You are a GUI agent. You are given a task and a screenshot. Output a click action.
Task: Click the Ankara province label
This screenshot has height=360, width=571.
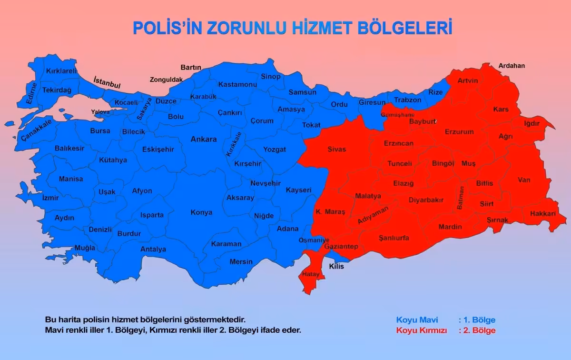[203, 140]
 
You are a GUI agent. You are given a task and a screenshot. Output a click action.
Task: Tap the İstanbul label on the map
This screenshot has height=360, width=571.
[107, 82]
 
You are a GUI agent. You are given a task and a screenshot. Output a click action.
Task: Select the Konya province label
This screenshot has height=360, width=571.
[201, 212]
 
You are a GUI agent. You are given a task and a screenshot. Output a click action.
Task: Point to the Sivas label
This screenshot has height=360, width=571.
[337, 149]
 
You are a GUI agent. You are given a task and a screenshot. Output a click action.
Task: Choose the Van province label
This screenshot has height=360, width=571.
[524, 180]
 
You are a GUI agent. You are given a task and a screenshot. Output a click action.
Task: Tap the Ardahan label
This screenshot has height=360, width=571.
[512, 66]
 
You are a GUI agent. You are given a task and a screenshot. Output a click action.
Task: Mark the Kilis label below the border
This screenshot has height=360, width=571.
[336, 266]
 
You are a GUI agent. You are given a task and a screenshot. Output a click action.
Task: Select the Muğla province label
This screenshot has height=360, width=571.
[71, 248]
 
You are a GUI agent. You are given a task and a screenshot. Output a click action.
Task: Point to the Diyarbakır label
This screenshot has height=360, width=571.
[426, 200]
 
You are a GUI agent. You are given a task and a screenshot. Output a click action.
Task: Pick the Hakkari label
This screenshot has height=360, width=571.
[542, 214]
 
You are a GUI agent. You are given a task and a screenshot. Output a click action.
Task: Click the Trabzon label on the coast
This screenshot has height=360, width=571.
[407, 100]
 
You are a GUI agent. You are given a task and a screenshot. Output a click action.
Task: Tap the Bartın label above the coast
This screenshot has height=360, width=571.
[191, 68]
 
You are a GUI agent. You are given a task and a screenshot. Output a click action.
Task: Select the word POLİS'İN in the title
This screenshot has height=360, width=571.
[167, 28]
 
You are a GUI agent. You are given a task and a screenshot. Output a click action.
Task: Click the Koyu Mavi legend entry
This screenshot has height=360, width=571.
[417, 320]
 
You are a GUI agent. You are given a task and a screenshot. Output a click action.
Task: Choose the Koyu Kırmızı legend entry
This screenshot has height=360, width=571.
[421, 330]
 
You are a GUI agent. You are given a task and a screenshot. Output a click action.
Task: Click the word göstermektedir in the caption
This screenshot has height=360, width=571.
[211, 320]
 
